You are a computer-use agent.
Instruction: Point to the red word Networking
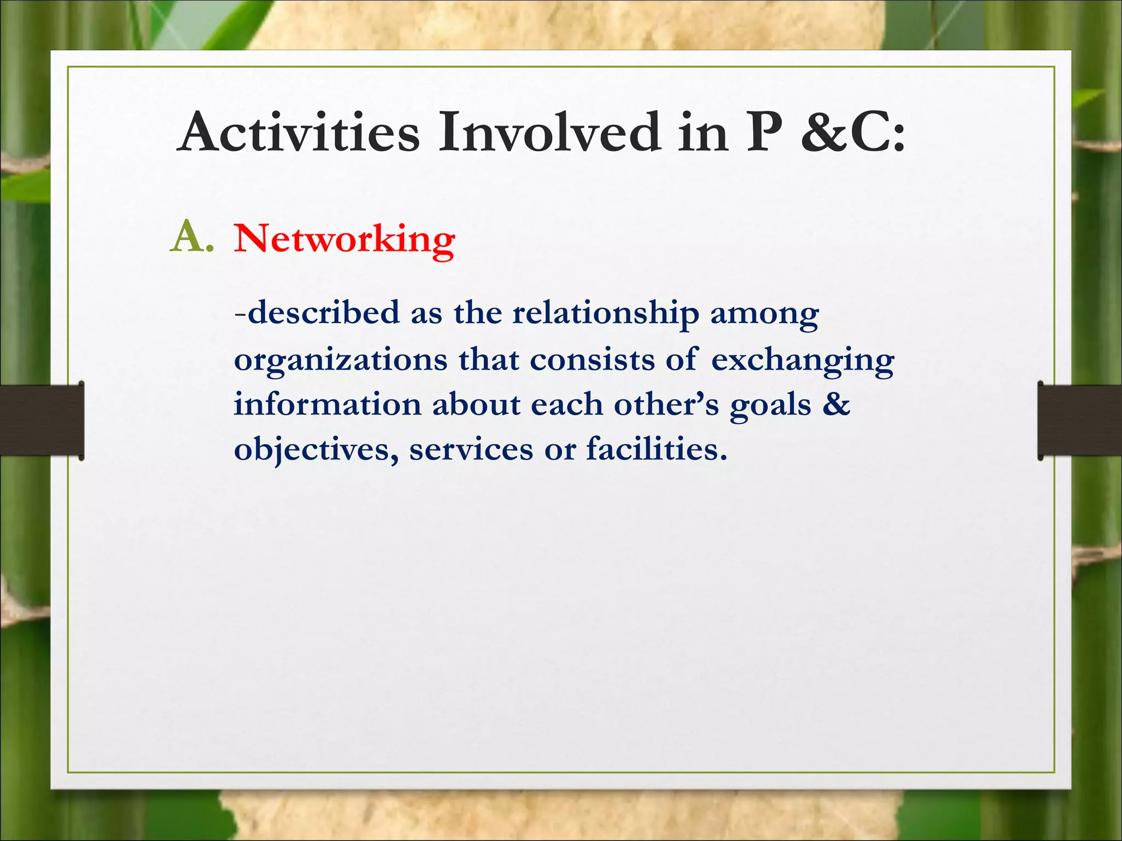click(345, 239)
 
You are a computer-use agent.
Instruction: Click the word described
click(323, 313)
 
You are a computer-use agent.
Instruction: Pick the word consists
click(592, 360)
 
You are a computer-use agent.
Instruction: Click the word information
click(328, 405)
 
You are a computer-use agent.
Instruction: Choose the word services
click(471, 450)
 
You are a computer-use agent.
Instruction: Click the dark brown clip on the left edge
click(42, 420)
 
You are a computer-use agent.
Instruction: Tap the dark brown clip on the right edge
click(1079, 420)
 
